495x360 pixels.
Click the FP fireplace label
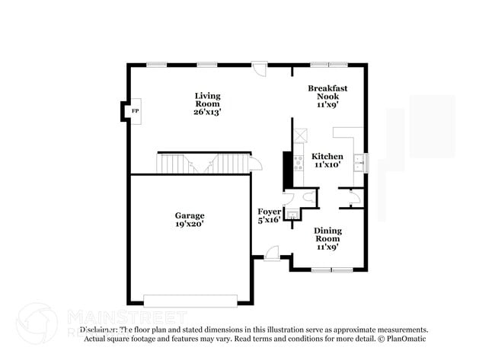click(x=136, y=112)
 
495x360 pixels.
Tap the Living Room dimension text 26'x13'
click(x=207, y=112)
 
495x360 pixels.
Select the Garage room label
click(x=190, y=215)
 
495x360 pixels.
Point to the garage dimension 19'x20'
click(x=190, y=224)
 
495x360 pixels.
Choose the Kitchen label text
click(x=327, y=156)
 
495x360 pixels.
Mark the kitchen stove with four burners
click(x=298, y=161)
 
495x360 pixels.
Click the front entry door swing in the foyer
click(x=272, y=253)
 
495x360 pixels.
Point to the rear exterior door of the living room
click(x=260, y=68)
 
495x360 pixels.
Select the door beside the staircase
click(x=255, y=163)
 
